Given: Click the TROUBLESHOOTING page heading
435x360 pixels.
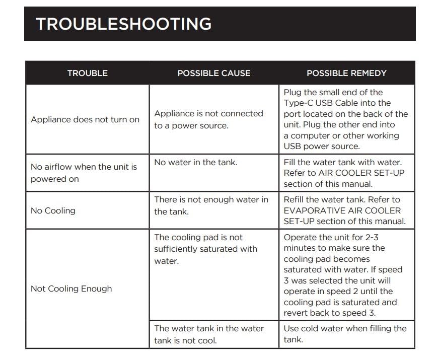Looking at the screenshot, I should (123, 24).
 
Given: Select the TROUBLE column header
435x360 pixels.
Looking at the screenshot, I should (87, 73).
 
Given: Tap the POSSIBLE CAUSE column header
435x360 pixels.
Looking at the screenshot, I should (213, 73).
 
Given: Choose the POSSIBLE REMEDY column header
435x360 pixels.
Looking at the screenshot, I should (346, 73).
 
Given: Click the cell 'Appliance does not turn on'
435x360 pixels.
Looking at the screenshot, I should (85, 119).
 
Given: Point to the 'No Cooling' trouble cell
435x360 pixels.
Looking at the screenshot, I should (53, 210).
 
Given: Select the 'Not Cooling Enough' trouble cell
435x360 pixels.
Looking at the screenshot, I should (71, 289).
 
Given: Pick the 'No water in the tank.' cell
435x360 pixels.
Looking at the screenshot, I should (195, 162).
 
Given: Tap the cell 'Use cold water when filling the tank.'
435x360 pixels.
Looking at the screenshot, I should (345, 334).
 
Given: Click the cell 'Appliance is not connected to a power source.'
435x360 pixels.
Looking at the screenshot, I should (208, 119).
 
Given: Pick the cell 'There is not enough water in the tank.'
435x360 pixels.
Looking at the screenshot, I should (211, 205).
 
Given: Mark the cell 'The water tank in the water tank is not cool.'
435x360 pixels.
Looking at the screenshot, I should (209, 334).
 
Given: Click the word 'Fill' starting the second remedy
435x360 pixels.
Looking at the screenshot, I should (291, 162).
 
